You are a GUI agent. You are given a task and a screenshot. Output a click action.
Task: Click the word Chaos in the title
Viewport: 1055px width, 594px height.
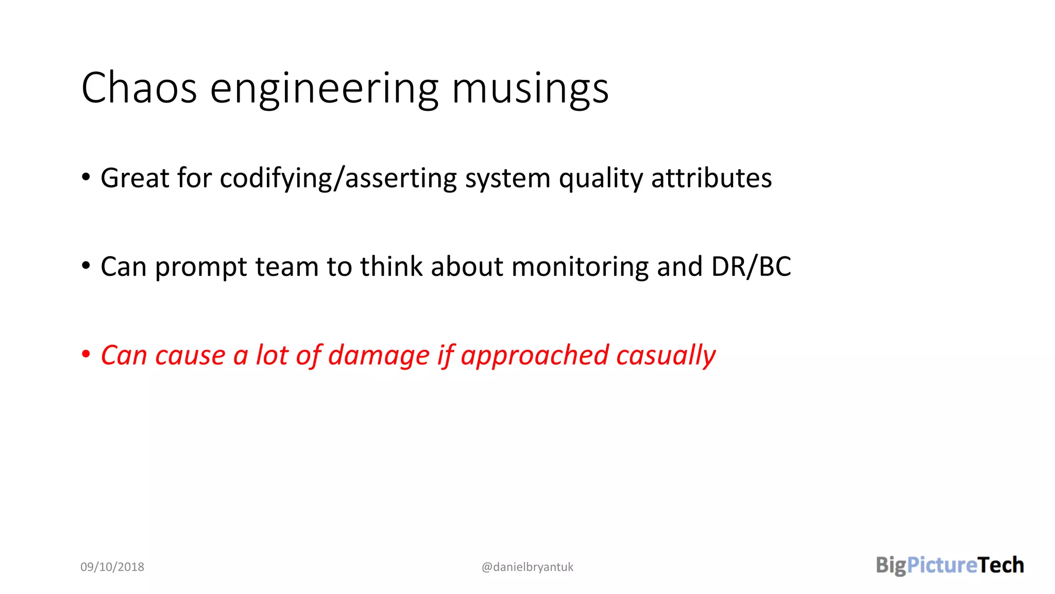click(x=139, y=88)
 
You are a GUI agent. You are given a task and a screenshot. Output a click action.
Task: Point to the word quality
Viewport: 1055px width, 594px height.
click(x=601, y=178)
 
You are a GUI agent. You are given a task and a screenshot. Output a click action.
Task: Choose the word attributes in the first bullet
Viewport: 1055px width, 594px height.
click(x=711, y=178)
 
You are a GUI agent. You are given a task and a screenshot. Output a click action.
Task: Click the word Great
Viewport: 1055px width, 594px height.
click(x=135, y=178)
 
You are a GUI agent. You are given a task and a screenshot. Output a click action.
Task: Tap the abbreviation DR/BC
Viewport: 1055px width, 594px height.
click(x=751, y=267)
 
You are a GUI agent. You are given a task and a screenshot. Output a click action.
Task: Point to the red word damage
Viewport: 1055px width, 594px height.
click(x=379, y=356)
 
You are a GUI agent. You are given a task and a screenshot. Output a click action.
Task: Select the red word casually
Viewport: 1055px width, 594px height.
click(x=666, y=356)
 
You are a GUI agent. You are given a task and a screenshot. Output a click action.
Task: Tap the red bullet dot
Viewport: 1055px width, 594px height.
click(x=86, y=354)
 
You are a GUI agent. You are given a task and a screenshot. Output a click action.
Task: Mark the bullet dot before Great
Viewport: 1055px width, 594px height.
click(x=86, y=177)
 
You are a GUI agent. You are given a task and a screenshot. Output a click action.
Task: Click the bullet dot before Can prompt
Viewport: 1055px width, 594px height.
click(x=86, y=266)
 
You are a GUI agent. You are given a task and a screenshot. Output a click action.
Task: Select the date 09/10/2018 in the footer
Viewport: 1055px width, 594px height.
click(x=112, y=567)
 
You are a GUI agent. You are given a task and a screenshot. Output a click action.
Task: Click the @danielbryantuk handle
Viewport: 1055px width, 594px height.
click(x=527, y=567)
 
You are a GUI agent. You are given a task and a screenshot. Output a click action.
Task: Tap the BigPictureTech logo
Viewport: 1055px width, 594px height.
click(x=949, y=565)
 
